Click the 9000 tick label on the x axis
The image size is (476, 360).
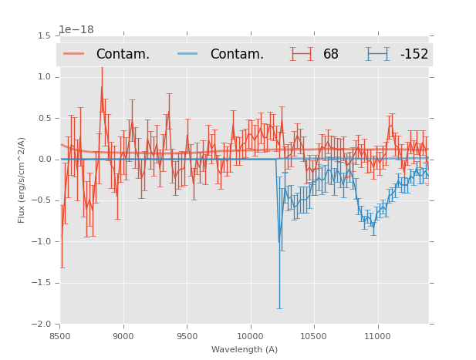click(123, 336)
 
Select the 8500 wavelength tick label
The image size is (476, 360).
click(60, 336)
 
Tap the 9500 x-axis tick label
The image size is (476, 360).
click(187, 336)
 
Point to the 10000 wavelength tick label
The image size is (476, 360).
click(251, 336)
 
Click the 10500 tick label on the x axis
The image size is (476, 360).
click(314, 336)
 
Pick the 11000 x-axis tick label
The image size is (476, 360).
click(378, 336)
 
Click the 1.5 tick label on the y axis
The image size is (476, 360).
click(44, 36)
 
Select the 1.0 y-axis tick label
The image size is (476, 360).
click(44, 77)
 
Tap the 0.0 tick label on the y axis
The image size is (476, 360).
click(44, 160)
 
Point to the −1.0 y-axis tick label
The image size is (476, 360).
click(42, 242)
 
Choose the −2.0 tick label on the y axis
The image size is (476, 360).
click(42, 325)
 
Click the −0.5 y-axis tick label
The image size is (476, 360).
click(42, 200)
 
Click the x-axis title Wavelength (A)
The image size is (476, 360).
click(245, 349)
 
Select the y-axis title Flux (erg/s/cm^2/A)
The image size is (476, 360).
click(22, 180)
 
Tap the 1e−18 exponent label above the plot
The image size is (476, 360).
click(76, 30)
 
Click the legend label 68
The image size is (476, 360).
click(331, 55)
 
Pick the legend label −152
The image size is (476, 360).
click(414, 55)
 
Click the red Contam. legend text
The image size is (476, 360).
click(123, 55)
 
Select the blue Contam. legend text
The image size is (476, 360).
click(237, 55)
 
